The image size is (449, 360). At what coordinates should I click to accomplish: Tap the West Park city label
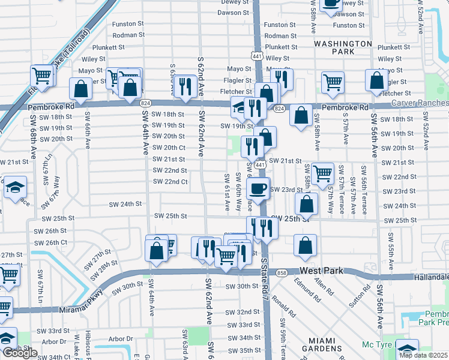click(321, 271)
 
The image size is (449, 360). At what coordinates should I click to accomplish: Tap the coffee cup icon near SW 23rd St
click(258, 188)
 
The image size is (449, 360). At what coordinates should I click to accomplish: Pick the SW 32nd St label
click(243, 313)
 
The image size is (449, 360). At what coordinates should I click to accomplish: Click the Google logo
click(20, 353)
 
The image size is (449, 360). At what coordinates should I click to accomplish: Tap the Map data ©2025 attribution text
click(423, 355)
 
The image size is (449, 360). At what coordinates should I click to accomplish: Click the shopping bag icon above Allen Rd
click(306, 245)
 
